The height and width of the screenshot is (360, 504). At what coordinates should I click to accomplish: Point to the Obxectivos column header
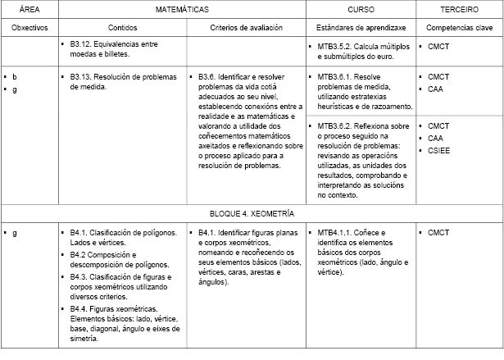click(29, 28)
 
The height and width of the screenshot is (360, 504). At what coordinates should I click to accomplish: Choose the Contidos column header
click(121, 28)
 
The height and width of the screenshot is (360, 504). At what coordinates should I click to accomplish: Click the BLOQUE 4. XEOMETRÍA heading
click(252, 212)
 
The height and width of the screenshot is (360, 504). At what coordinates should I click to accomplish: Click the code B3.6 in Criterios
click(207, 76)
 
